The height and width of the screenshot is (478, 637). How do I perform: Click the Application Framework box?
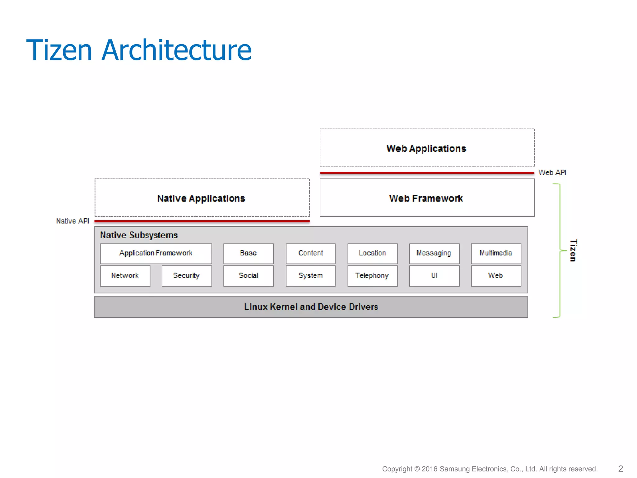pyautogui.click(x=156, y=254)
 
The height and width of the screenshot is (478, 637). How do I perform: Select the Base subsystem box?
pyautogui.click(x=249, y=254)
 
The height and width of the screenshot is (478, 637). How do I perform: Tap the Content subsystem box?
pyautogui.click(x=310, y=254)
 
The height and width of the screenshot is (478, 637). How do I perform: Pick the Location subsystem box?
pyautogui.click(x=372, y=254)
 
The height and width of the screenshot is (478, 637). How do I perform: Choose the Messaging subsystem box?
pyautogui.click(x=434, y=254)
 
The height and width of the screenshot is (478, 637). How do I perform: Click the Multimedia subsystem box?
pyautogui.click(x=496, y=254)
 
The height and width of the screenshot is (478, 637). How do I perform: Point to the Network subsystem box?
pyautogui.click(x=125, y=276)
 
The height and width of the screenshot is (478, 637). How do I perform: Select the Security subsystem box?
pyautogui.click(x=187, y=276)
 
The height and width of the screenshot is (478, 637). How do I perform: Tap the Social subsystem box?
pyautogui.click(x=249, y=276)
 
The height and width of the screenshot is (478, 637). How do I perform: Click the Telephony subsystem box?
pyautogui.click(x=372, y=276)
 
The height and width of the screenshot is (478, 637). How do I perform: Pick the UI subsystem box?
pyautogui.click(x=434, y=276)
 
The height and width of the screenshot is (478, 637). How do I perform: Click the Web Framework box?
pyautogui.click(x=427, y=198)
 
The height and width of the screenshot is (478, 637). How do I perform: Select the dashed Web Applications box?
pyautogui.click(x=427, y=148)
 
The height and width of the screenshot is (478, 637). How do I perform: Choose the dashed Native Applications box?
pyautogui.click(x=202, y=198)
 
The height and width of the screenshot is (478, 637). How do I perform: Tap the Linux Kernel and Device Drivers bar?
pyautogui.click(x=311, y=307)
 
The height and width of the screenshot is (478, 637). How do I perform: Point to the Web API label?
pyautogui.click(x=552, y=173)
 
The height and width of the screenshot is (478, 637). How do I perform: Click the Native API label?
pyautogui.click(x=72, y=221)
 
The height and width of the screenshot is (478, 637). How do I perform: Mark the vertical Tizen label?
pyautogui.click(x=573, y=250)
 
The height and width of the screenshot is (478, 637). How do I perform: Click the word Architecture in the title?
pyautogui.click(x=176, y=50)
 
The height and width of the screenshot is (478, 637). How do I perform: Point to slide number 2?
pyautogui.click(x=621, y=469)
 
